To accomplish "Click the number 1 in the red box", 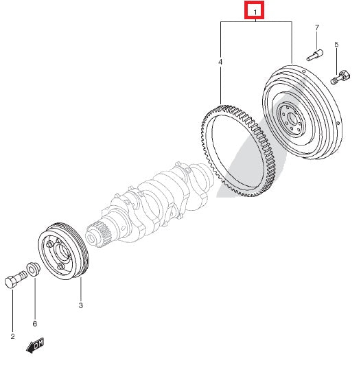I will click(x=255, y=12).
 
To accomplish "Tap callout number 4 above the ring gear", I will click(x=220, y=62).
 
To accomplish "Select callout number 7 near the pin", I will click(x=317, y=27).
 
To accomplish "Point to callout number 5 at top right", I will click(x=336, y=45).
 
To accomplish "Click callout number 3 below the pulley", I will click(x=80, y=304).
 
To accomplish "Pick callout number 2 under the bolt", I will click(x=12, y=336).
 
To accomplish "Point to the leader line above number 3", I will click(x=80, y=288).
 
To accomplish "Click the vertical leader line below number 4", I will click(x=220, y=86).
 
